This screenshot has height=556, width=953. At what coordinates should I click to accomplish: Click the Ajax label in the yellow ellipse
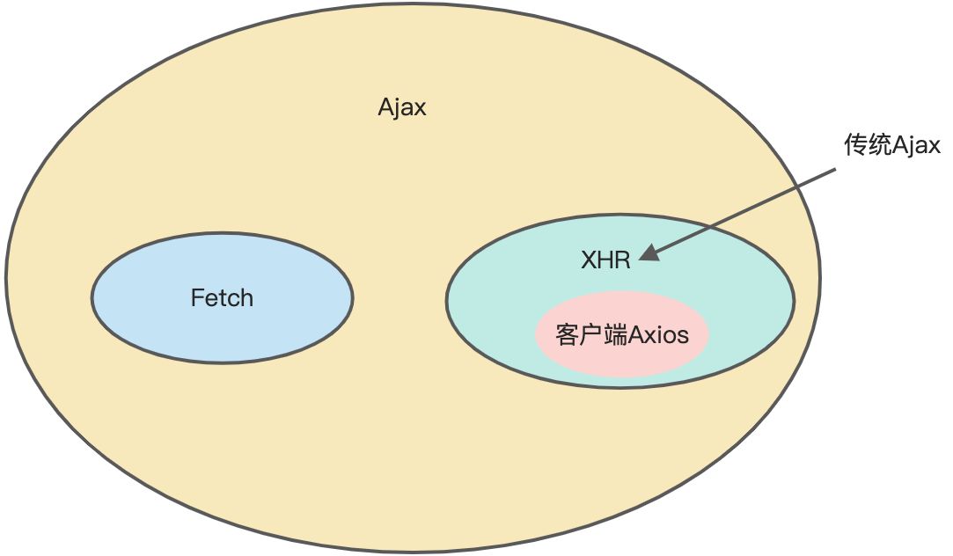click(402, 107)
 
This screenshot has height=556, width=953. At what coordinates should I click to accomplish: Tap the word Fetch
click(222, 298)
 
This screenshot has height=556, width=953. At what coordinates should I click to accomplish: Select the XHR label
click(605, 260)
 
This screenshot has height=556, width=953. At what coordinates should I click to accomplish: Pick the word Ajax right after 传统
click(916, 146)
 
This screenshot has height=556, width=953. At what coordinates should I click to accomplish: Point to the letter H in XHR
click(605, 260)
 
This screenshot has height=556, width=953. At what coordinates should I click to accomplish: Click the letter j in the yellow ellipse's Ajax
click(397, 108)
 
